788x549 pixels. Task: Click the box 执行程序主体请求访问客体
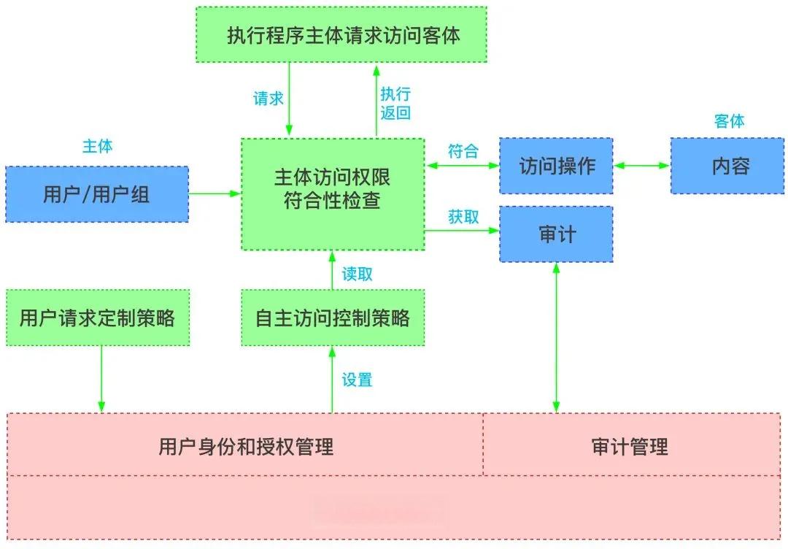coord(341,35)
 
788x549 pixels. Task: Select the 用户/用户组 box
coord(97,194)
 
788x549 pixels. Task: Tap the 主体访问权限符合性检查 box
coord(333,194)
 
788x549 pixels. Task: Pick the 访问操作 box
coord(556,166)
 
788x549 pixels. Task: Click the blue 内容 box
coord(730,166)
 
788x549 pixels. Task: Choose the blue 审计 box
coord(556,234)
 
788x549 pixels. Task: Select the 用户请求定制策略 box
coord(97,318)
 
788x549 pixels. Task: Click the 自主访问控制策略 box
coord(333,318)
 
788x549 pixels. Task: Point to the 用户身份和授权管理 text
coord(246,445)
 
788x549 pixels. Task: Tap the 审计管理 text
coord(630,445)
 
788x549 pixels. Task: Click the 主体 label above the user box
coord(97,146)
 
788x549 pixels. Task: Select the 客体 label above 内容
coord(730,121)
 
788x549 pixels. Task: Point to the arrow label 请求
coord(268,99)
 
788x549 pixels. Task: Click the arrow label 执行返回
coord(395,103)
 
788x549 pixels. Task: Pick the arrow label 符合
coord(463,151)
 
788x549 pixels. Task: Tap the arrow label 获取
coord(463,217)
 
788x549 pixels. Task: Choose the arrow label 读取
coord(358,274)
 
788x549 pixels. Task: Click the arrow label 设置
coord(358,380)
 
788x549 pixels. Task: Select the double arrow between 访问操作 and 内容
coord(641,166)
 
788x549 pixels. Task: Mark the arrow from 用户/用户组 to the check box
coord(215,193)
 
